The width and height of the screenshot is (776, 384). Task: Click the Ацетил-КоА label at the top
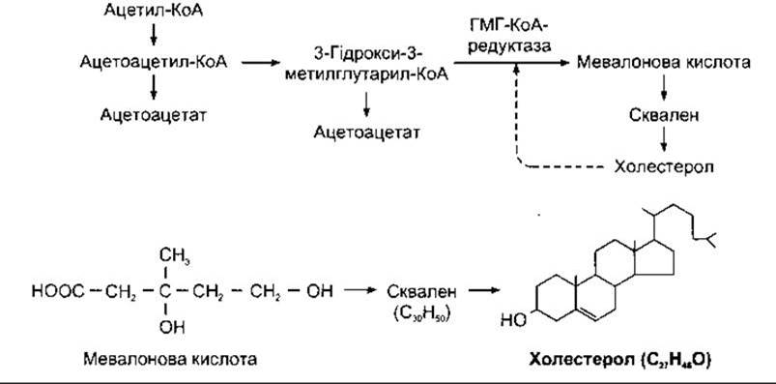click(154, 10)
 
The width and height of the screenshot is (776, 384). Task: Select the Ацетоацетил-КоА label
click(154, 63)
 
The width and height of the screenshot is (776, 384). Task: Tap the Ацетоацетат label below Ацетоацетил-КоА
click(154, 115)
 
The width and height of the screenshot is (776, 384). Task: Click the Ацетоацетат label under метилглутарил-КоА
click(366, 133)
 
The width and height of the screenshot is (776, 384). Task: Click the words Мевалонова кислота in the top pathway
click(664, 63)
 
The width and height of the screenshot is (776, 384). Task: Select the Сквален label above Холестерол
click(664, 115)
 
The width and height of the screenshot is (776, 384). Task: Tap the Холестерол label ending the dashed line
click(664, 166)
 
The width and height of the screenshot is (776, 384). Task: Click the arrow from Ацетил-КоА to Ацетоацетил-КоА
click(154, 34)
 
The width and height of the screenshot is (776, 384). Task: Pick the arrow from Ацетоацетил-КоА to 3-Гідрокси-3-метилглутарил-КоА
click(261, 63)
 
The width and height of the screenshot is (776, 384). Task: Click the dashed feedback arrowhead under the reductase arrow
click(516, 70)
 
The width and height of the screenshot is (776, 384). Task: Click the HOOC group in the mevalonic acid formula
click(58, 291)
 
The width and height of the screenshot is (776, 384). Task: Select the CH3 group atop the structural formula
click(174, 256)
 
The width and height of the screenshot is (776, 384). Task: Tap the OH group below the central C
click(172, 327)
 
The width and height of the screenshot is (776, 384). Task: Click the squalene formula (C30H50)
click(421, 315)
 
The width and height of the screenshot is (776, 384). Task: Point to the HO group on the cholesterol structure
click(513, 320)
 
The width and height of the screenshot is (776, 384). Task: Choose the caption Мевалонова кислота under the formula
click(170, 359)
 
